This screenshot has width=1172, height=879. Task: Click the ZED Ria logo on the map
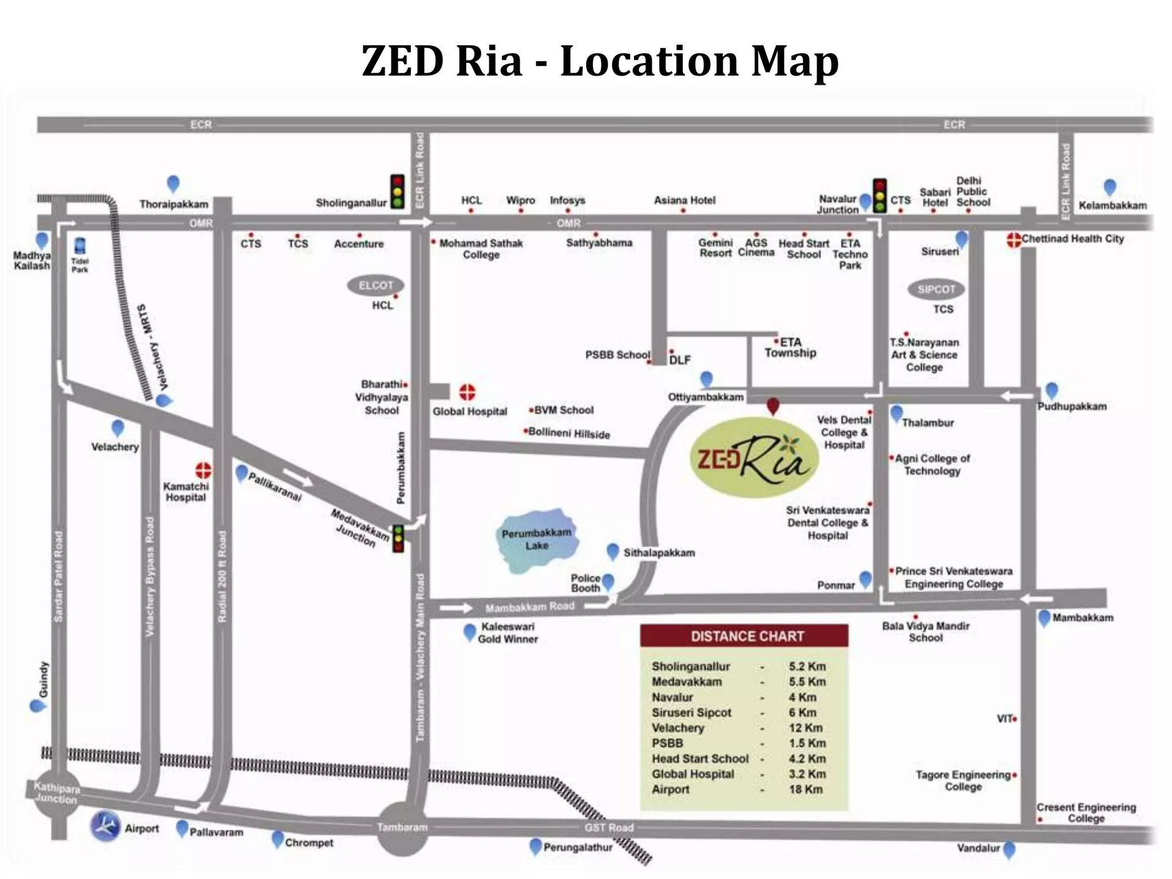754,457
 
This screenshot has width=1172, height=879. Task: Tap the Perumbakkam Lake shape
536,540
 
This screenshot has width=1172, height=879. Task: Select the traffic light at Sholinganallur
397,192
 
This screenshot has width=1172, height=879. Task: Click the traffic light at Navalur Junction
880,196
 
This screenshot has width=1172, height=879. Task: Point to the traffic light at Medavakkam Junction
398,538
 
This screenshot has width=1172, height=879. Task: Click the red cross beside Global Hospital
468,393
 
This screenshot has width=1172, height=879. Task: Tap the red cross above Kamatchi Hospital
203,470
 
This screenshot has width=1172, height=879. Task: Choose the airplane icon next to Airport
105,826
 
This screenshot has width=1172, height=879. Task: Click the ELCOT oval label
375,285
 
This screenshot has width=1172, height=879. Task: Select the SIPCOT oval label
936,289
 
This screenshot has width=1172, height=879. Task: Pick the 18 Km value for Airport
805,789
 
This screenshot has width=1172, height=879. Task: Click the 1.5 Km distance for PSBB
807,743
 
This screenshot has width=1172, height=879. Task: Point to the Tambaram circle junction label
402,827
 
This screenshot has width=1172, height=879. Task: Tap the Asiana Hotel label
684,200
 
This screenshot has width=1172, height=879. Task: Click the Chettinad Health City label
1072,239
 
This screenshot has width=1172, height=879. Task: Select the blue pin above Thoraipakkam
173,184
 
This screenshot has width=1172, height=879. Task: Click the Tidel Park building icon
80,247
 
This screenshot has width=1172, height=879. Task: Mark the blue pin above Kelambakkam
1110,187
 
